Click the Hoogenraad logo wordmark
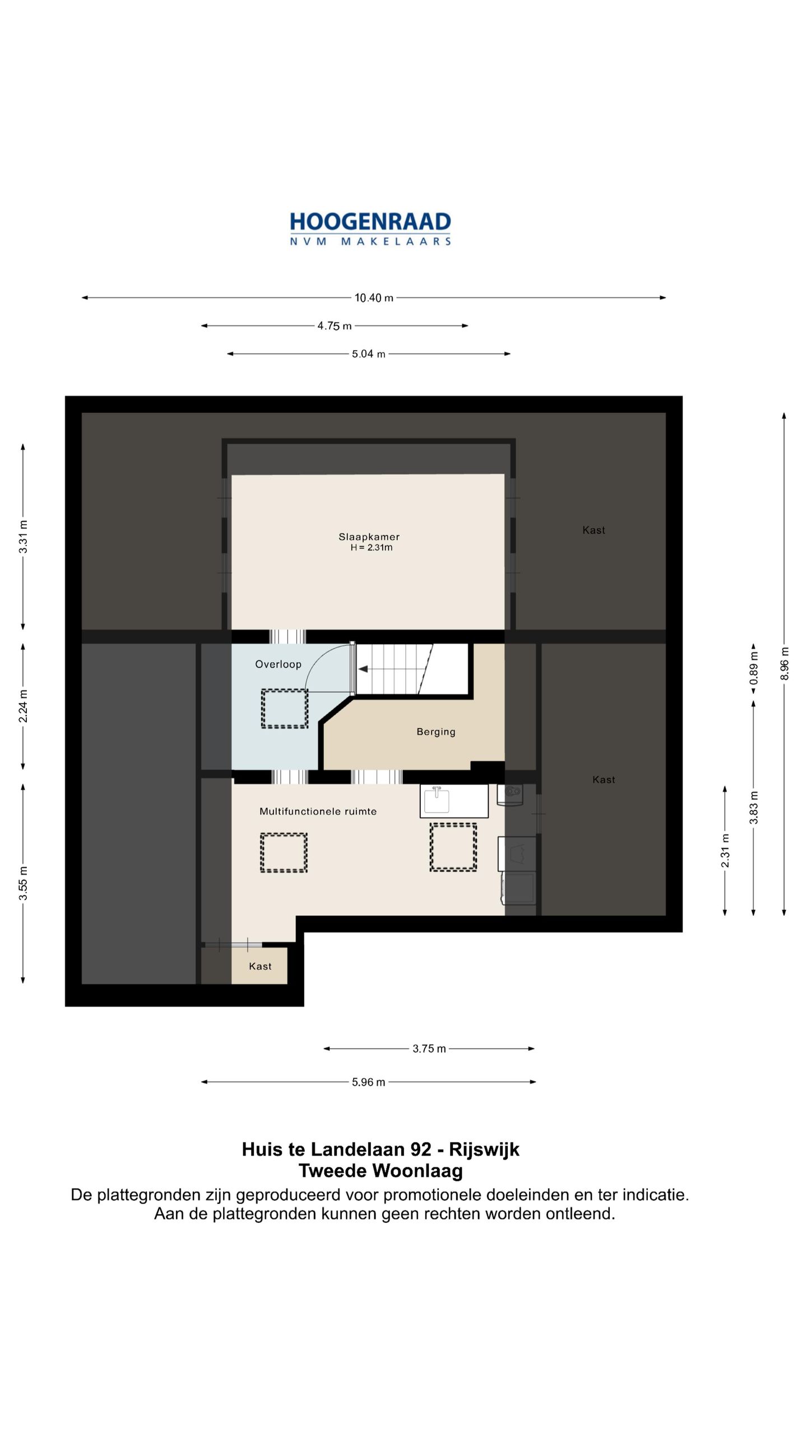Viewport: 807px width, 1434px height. pos(370,229)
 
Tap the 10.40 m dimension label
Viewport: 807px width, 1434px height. pos(374,298)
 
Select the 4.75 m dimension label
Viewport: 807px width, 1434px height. pos(335,326)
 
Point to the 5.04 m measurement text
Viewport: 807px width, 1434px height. pos(369,354)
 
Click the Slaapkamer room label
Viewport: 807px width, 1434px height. pos(369,537)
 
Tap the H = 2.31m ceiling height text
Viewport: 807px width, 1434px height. pos(372,548)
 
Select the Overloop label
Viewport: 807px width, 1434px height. pos(279,664)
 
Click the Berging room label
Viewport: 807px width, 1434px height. pos(436,732)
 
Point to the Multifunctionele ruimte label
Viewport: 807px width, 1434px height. pos(318,811)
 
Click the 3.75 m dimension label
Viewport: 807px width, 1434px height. pos(429,1049)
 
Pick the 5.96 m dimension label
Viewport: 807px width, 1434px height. pos(369,1082)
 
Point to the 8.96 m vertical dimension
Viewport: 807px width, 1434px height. pos(785,664)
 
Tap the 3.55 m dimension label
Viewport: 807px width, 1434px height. pos(23,883)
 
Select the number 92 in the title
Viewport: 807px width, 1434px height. pos(421,1149)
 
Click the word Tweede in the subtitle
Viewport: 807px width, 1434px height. pos(332,1171)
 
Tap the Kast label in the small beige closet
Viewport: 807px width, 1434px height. pos(260,966)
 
